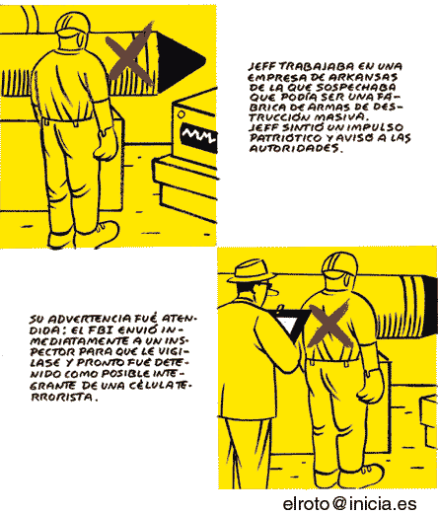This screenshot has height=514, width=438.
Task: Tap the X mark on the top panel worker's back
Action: tap(129, 54)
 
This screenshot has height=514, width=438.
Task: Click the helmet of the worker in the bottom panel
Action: tap(339, 263)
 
